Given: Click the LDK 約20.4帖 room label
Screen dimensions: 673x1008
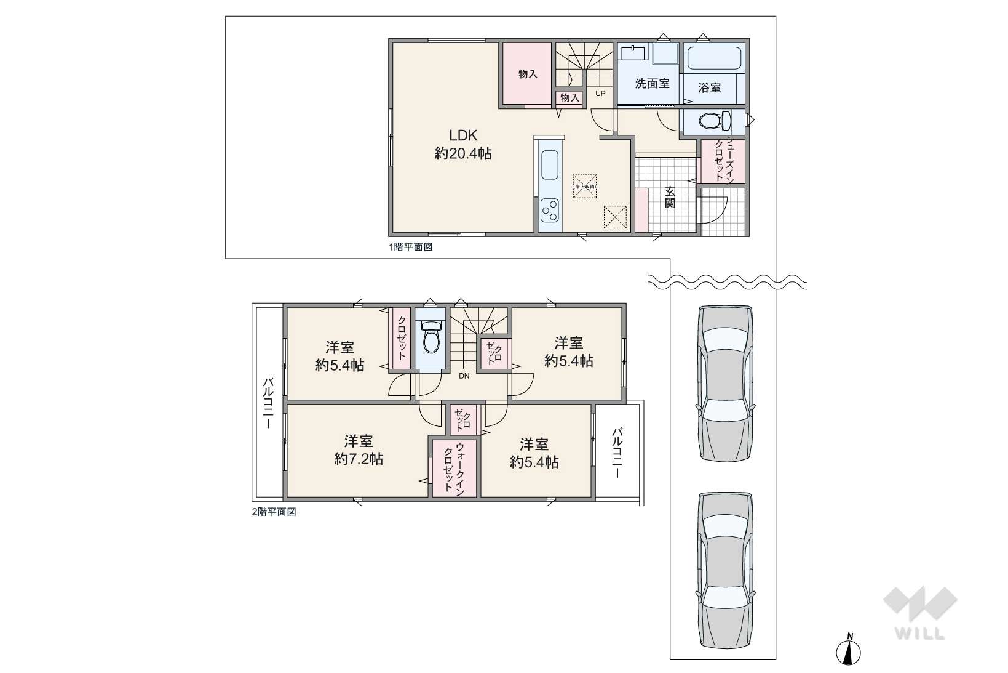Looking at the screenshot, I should click(462, 144).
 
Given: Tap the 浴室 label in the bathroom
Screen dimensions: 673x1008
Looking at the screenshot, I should click(709, 88).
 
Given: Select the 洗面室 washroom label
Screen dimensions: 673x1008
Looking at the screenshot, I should click(652, 83).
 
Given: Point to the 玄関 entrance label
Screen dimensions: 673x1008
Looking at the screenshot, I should click(670, 196).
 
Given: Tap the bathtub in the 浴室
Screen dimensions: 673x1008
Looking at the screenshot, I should click(714, 59).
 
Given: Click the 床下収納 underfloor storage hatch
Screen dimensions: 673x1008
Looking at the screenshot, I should click(585, 186).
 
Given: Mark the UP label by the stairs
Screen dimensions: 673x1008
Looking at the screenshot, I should click(600, 94).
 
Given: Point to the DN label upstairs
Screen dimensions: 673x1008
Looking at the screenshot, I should click(464, 376).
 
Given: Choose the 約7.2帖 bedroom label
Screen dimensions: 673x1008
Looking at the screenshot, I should click(359, 450).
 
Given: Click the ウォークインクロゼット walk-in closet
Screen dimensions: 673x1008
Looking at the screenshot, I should click(454, 469).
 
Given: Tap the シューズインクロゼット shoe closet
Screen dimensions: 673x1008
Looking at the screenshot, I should click(723, 161).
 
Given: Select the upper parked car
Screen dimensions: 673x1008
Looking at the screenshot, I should click(725, 382).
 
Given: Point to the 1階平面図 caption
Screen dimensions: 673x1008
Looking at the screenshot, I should click(410, 248).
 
